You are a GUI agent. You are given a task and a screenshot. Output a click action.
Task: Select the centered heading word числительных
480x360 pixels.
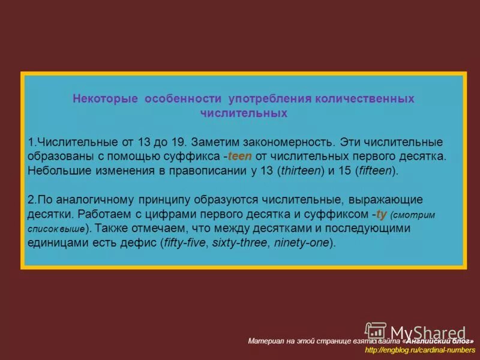click(243, 113)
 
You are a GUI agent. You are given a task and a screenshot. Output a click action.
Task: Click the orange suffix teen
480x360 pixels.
click(241, 157)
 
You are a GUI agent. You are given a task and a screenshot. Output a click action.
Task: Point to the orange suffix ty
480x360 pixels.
click(381, 214)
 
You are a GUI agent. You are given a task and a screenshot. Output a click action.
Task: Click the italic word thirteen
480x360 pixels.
click(297, 170)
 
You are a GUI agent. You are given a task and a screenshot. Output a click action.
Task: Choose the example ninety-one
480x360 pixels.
click(303, 242)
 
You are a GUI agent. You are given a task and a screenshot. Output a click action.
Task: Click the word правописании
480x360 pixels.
click(206, 170)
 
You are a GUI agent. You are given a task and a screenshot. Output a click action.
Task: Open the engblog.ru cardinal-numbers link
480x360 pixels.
click(419, 350)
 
